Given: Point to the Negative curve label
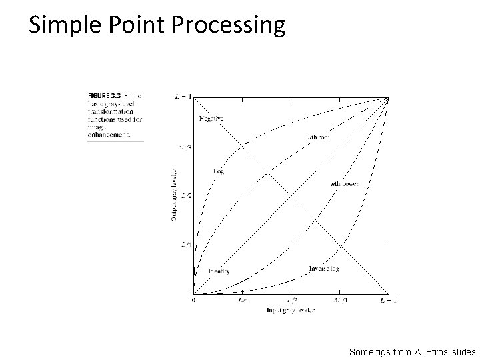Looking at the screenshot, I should click(x=211, y=118).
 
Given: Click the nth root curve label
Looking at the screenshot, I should click(x=318, y=137).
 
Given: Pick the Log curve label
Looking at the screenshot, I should click(x=218, y=171).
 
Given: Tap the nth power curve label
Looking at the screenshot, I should click(x=345, y=183).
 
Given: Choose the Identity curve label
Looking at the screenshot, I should click(x=219, y=271).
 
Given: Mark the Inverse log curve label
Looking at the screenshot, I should click(x=324, y=269).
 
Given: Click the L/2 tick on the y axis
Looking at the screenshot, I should click(x=186, y=195).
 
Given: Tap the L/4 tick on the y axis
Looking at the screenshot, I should click(x=186, y=245).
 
